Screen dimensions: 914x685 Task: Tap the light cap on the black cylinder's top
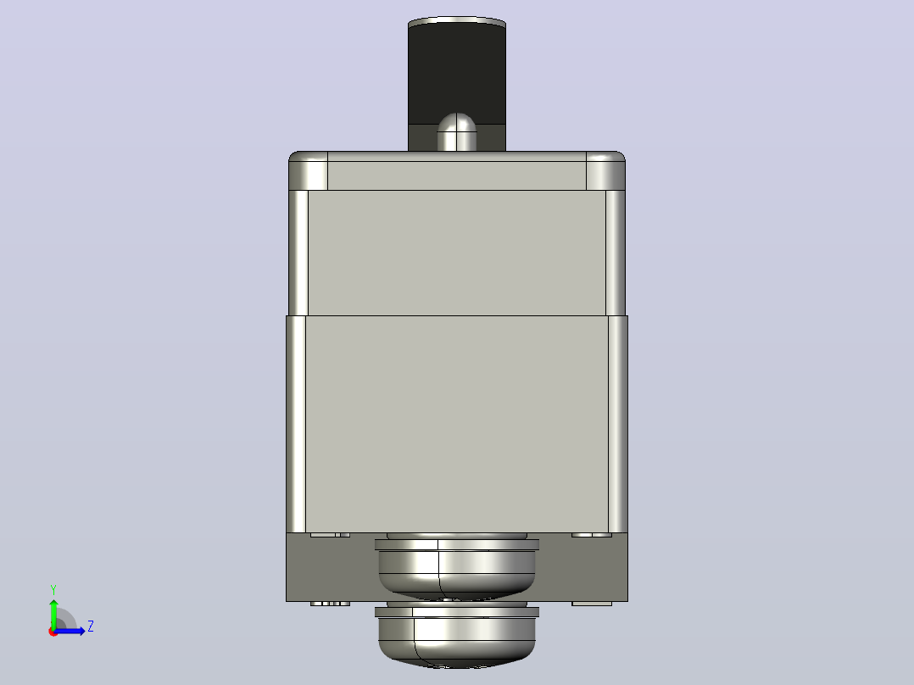coord(457,21)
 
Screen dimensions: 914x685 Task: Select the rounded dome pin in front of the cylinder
coord(457,132)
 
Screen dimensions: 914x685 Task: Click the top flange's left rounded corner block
coord(309,170)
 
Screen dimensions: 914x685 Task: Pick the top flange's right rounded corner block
coord(605,170)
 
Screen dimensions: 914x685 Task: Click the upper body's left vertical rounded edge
coord(298,253)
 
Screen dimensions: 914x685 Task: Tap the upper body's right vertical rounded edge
coord(616,253)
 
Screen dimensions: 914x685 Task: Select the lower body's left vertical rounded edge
coord(296,425)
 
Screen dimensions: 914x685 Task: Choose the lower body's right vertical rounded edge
coord(618,425)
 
